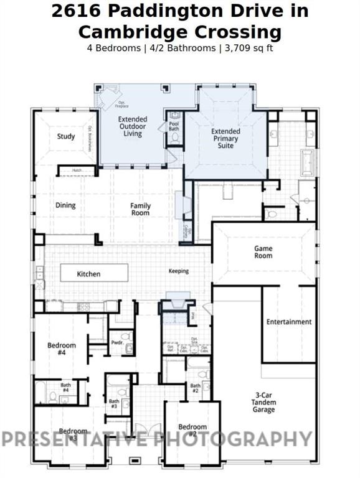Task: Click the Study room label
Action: coord(66,136)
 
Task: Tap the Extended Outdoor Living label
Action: coord(133,126)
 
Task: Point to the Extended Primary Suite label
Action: coord(225,139)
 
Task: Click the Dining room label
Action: coord(65,205)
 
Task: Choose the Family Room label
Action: coord(140,209)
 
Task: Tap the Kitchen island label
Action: coord(88,274)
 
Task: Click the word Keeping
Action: coord(179,271)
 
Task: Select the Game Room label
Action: coord(263,252)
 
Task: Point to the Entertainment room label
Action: coord(288,322)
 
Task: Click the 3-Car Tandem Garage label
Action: coord(263,402)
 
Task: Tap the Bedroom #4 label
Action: coord(62,349)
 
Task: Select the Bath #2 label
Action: coord(195,389)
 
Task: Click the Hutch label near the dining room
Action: coord(77,170)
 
